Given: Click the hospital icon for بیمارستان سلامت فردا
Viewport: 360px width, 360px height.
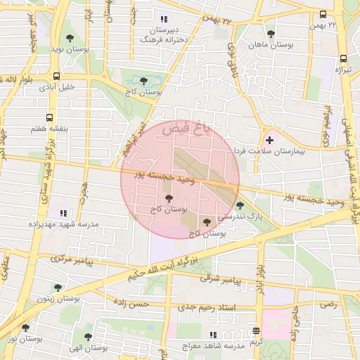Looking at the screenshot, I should (269, 141).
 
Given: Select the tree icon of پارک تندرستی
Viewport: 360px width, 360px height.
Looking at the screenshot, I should (241, 205).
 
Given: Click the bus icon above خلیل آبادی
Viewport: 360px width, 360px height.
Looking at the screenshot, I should (56, 77).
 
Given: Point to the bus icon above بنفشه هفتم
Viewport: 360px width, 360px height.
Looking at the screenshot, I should (49, 118).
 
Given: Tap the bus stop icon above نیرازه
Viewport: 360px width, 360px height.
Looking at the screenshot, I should (343, 59).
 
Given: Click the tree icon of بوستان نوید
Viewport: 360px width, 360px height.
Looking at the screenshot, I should (69, 38).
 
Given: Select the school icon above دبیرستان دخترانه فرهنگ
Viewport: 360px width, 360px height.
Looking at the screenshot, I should (164, 19).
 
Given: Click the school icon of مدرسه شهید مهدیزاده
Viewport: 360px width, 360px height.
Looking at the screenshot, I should (63, 212).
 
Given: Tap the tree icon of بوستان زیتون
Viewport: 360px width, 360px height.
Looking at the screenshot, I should (57, 287).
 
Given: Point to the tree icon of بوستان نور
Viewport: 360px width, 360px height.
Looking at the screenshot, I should (26, 328).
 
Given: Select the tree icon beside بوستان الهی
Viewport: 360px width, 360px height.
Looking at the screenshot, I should (88, 337).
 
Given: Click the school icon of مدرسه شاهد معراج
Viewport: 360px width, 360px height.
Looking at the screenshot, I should (214, 335).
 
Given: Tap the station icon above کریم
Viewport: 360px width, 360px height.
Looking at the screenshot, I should (256, 330).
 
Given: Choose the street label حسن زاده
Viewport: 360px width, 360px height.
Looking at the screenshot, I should (134, 304).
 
